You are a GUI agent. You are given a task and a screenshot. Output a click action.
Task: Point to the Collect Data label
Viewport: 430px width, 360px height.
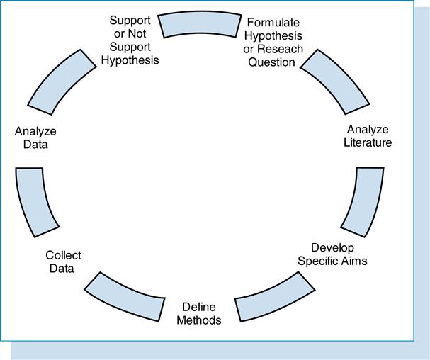tap(63, 261)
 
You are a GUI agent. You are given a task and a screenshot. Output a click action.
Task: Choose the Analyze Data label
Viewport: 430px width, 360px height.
tap(35, 137)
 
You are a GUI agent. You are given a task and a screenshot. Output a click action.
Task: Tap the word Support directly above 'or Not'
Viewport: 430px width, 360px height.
tap(130, 20)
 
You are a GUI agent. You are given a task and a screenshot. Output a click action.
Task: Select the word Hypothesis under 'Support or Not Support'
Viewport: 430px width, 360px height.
tap(130, 60)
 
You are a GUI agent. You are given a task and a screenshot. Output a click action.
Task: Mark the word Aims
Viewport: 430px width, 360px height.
tap(352, 260)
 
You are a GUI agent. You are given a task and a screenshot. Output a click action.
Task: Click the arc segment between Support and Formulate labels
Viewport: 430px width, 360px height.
tap(200, 25)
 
